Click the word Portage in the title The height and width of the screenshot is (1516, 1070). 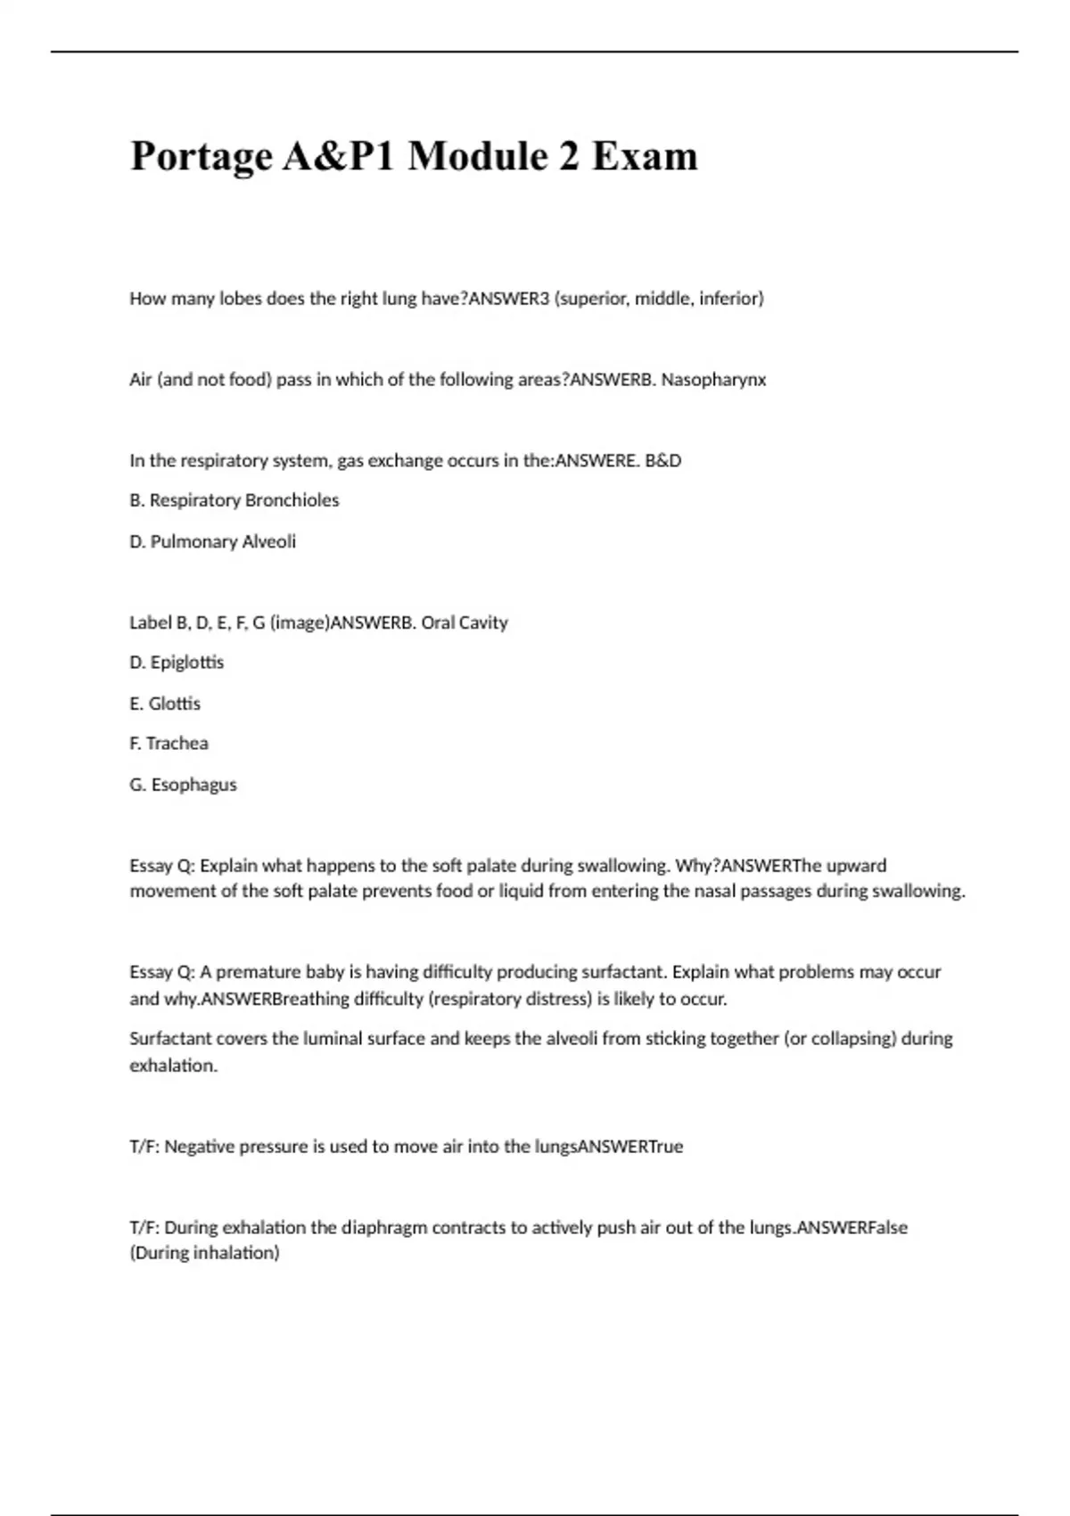[x=202, y=157]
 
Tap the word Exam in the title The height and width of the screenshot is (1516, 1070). [x=645, y=157]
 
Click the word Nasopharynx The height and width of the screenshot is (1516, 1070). [x=713, y=380]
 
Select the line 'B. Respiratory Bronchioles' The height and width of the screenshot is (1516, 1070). [x=235, y=500]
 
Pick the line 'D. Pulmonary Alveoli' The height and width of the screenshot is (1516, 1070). [x=212, y=541]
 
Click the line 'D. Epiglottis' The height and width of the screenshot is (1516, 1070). [x=177, y=663]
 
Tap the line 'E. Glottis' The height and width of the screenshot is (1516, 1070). [x=165, y=704]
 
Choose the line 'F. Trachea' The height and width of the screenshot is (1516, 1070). [x=169, y=744]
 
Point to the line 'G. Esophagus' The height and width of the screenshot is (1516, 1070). [x=183, y=785]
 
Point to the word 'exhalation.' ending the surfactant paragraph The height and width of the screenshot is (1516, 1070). [x=173, y=1066]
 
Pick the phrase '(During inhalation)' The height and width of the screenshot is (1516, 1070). [x=204, y=1253]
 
